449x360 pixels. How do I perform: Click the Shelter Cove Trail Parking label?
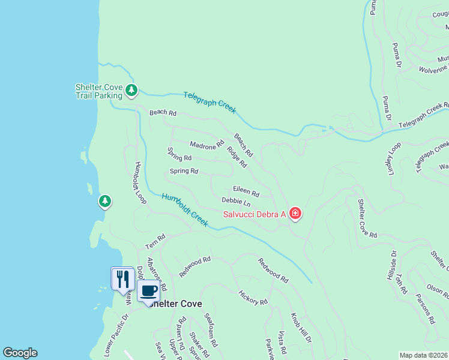98,91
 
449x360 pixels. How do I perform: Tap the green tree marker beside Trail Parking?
132,91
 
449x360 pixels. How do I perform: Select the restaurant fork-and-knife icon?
122,278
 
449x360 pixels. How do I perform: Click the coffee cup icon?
149,292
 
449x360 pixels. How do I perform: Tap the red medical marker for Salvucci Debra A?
295,214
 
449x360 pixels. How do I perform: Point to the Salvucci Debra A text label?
251,214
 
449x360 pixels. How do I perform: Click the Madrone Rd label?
206,145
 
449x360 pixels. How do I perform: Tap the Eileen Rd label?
246,191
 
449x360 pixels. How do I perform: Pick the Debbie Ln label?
236,202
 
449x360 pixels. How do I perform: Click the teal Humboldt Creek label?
185,210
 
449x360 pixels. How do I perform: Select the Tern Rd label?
155,242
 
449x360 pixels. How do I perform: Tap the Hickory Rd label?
253,297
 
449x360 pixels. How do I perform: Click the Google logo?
20,353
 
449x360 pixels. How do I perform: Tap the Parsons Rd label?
426,309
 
